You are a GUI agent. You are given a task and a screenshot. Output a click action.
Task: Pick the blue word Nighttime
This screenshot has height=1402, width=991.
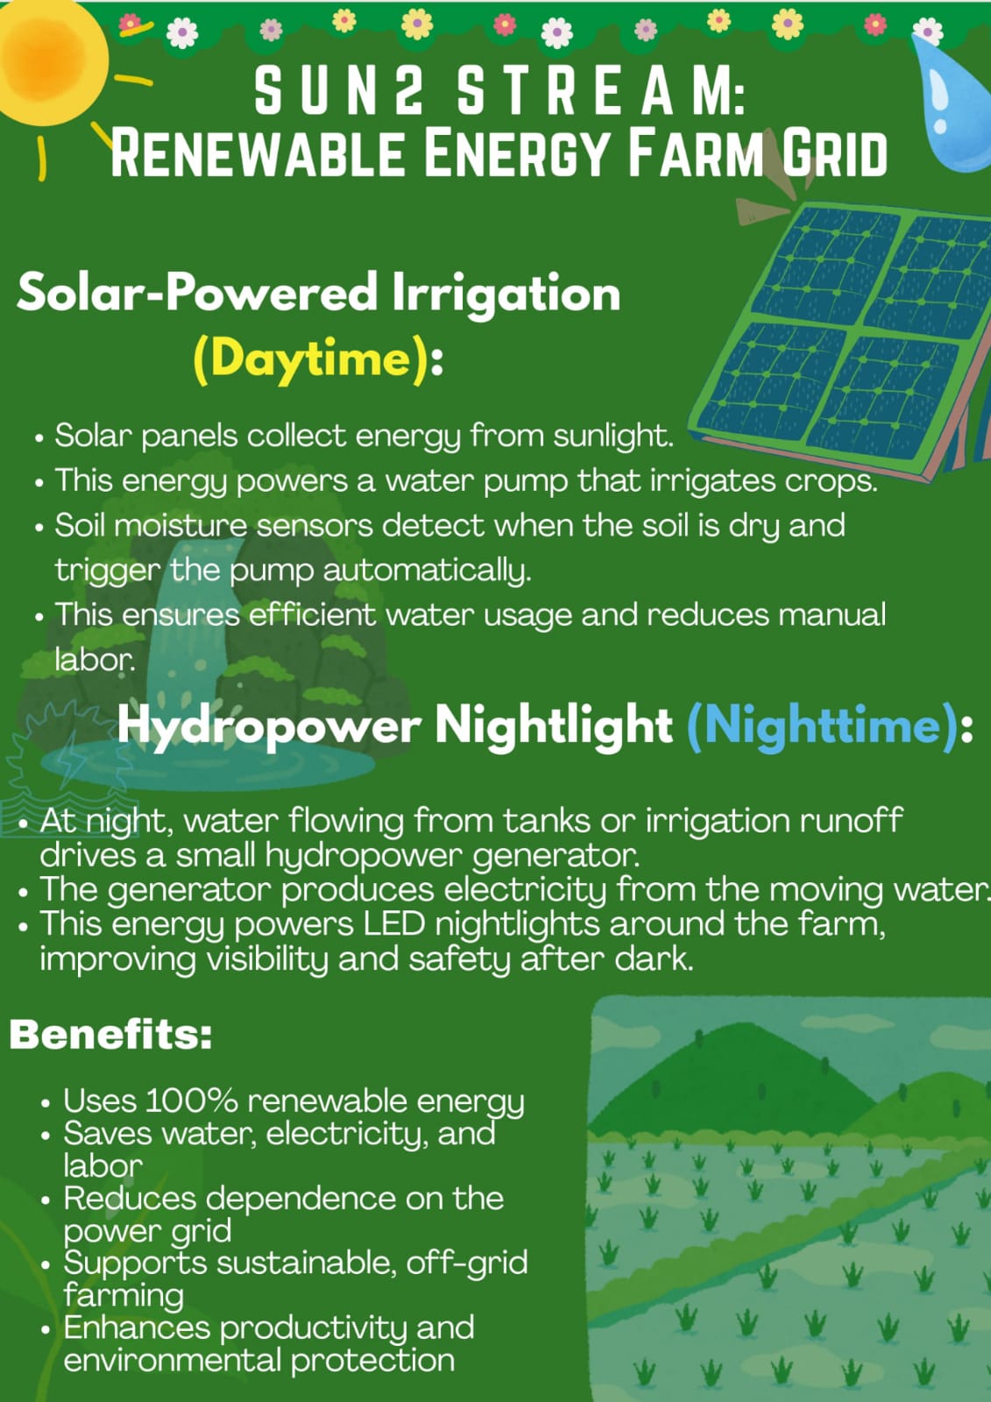click(x=823, y=726)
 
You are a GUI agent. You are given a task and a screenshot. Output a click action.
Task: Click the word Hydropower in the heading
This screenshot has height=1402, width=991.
click(x=269, y=727)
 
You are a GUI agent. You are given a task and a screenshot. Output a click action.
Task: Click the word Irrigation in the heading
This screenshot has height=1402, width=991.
click(x=506, y=294)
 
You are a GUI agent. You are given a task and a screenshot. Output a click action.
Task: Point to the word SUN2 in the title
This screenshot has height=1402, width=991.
click(x=339, y=91)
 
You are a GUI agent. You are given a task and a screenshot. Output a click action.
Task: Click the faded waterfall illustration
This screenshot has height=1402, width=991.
click(x=207, y=632)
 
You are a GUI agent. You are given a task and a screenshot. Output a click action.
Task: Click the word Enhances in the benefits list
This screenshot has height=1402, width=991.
click(x=137, y=1328)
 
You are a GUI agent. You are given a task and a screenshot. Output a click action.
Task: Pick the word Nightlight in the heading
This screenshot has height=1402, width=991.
click(x=554, y=726)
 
